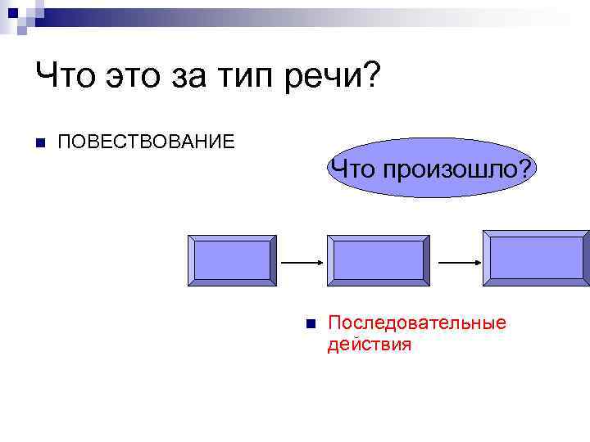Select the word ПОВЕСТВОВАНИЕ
coord(146,142)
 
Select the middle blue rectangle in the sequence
coord(377,261)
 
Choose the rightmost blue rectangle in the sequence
coord(536,258)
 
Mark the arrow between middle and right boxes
coord(460,263)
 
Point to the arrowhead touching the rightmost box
coord(477,263)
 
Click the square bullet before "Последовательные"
coord(310,323)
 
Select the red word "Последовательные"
coord(416,322)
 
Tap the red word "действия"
coord(369,345)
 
